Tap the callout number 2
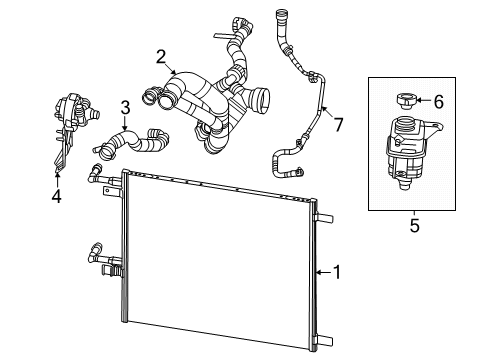pos(159,57)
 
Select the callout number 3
pos(123,107)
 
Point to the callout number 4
pos(56,196)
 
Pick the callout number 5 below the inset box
pos(414,226)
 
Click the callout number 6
pos(436,100)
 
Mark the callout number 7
pos(338,124)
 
